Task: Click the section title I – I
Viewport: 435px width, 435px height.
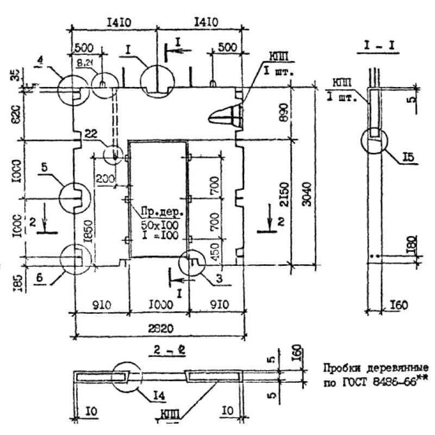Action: click(x=375, y=48)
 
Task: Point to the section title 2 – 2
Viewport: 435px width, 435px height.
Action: click(x=160, y=352)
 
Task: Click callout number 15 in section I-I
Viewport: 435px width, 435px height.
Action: click(x=409, y=158)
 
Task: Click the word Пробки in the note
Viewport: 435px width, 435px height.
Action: click(x=340, y=368)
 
